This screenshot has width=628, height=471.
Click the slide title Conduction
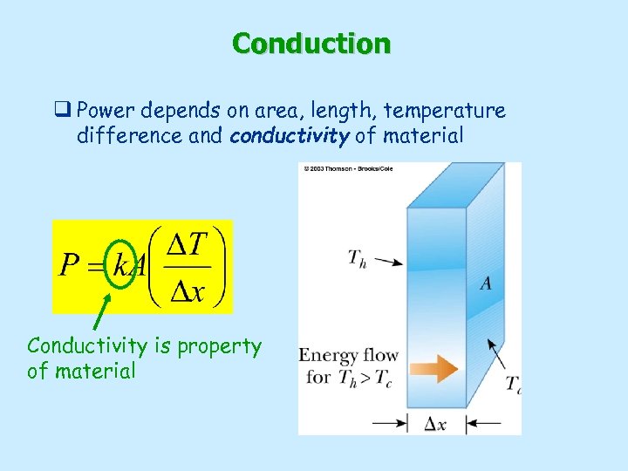point(311,43)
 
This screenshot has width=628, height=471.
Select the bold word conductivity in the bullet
point(279,136)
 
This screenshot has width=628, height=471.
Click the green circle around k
point(119,262)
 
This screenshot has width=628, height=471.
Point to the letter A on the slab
point(484,283)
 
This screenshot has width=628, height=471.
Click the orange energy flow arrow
point(434,369)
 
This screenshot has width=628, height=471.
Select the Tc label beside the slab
point(514,384)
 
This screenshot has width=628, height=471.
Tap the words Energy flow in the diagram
point(349,355)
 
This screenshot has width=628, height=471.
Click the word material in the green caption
point(93,371)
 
